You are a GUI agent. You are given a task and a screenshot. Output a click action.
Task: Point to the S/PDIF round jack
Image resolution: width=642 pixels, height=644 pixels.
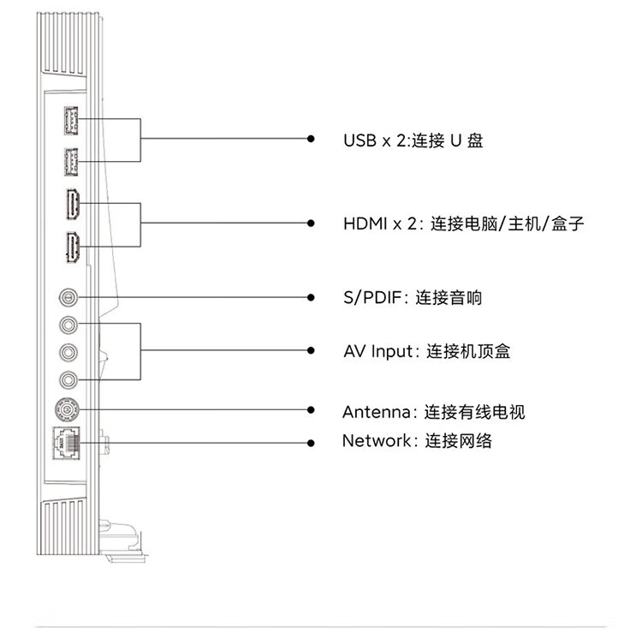[x=69, y=297]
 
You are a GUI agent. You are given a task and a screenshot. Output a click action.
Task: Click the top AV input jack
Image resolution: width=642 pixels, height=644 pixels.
[x=69, y=325]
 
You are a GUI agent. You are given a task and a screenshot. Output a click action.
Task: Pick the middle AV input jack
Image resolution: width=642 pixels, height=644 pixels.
[x=69, y=351]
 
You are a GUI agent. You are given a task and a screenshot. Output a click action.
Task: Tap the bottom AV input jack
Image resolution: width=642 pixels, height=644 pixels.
[x=69, y=379]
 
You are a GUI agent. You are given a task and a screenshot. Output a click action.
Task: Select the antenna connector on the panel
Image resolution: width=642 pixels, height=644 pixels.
[x=68, y=409]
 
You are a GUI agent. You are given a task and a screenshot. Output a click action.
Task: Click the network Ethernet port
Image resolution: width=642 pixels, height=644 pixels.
[x=68, y=443]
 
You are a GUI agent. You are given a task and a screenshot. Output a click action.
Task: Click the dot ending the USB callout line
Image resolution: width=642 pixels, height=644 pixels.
[x=312, y=139]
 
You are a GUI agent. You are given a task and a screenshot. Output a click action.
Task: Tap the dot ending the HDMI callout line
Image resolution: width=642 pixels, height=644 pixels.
[x=312, y=224]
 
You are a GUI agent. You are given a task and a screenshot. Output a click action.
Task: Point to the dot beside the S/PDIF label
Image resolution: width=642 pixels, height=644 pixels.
[x=312, y=297]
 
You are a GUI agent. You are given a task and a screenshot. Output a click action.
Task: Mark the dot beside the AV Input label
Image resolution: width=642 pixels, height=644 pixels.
[x=312, y=350]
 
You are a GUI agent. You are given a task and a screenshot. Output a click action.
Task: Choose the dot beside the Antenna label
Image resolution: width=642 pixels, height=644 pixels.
[x=312, y=411]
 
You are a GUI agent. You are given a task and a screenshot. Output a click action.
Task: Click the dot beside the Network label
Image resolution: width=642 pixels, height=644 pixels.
[x=312, y=442]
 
